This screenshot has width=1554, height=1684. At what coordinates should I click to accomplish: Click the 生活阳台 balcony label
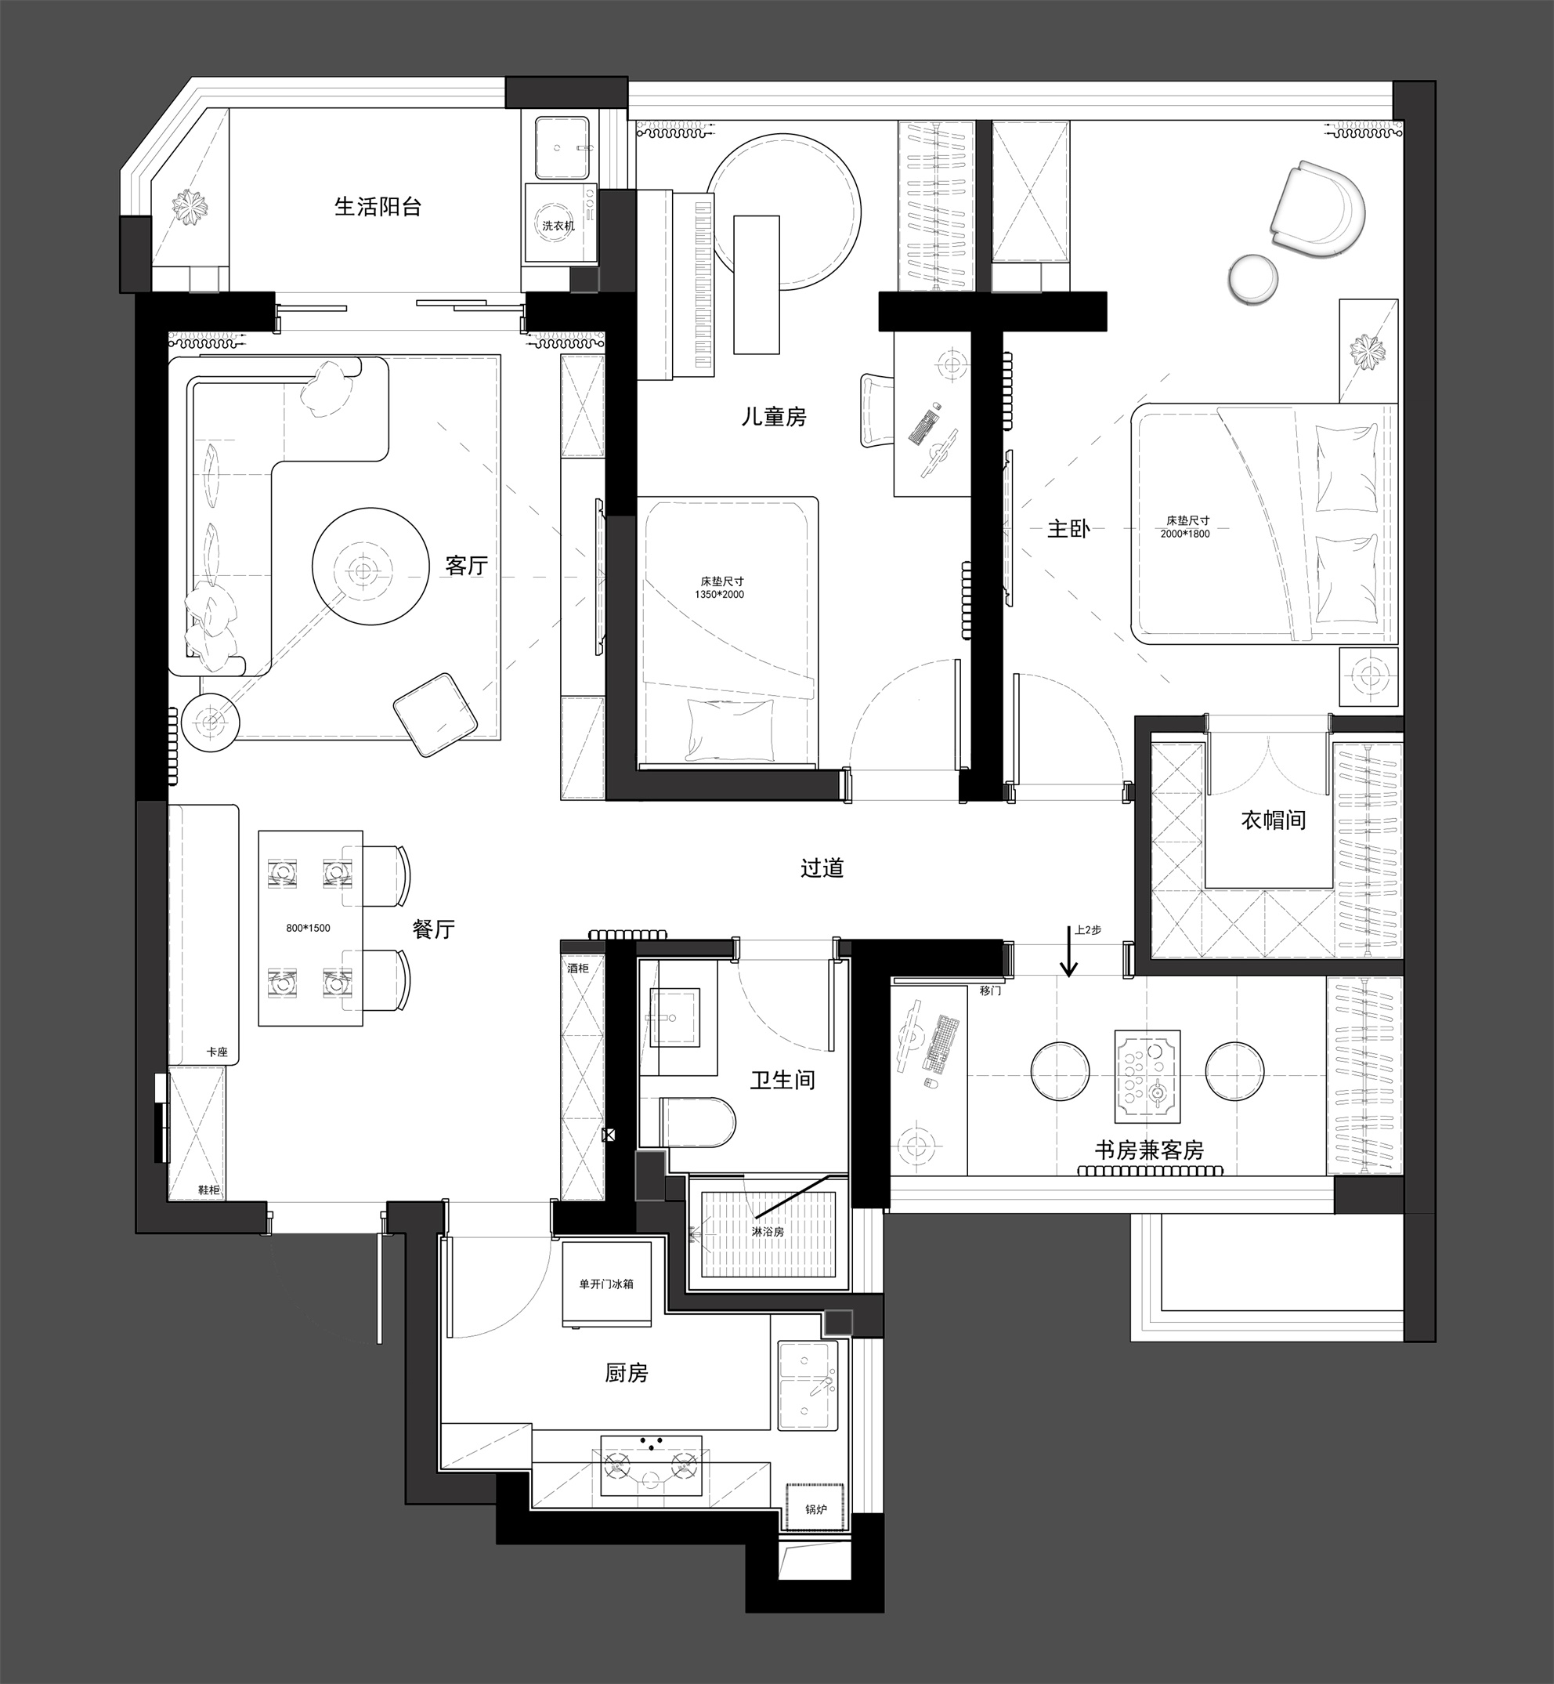pos(378,206)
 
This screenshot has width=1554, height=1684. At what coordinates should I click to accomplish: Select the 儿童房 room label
pos(774,416)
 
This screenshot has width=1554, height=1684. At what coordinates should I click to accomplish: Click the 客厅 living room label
pos(467,565)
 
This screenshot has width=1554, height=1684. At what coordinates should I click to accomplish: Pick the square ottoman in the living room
pos(435,715)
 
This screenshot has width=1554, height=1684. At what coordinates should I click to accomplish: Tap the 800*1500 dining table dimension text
pos(308,928)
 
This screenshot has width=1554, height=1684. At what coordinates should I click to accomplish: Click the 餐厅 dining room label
pos(434,929)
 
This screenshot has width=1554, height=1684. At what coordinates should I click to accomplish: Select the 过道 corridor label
pos(822,867)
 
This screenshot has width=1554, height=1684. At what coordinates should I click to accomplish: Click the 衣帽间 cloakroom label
pos(1273,820)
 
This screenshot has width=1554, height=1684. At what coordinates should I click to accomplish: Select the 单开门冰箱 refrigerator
pos(606,1284)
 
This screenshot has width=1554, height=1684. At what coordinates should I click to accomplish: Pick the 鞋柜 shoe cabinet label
pos(208,1190)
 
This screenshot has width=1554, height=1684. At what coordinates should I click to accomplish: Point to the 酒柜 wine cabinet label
pos(578,969)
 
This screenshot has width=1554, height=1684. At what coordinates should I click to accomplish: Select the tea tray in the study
pos(1147,1076)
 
